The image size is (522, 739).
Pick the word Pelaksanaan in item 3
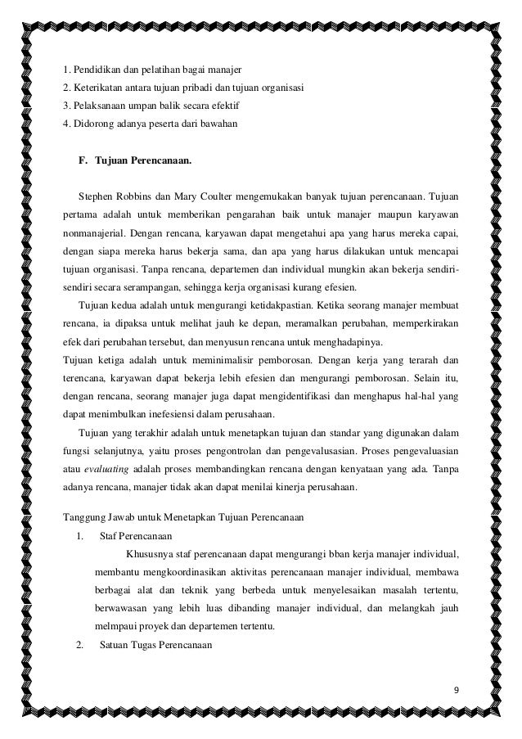click(x=101, y=106)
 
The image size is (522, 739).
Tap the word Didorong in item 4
click(x=93, y=124)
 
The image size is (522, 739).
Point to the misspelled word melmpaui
click(x=114, y=627)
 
